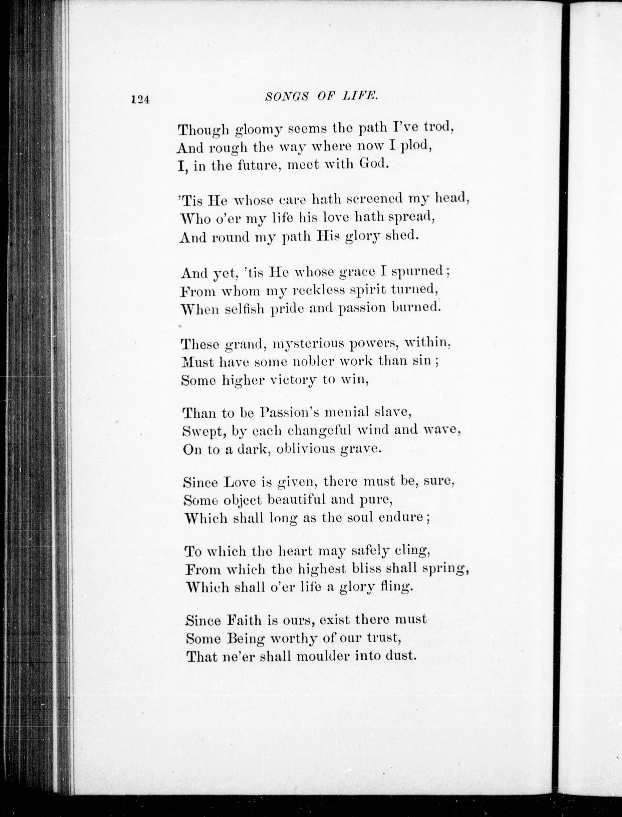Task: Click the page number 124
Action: point(139,99)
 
